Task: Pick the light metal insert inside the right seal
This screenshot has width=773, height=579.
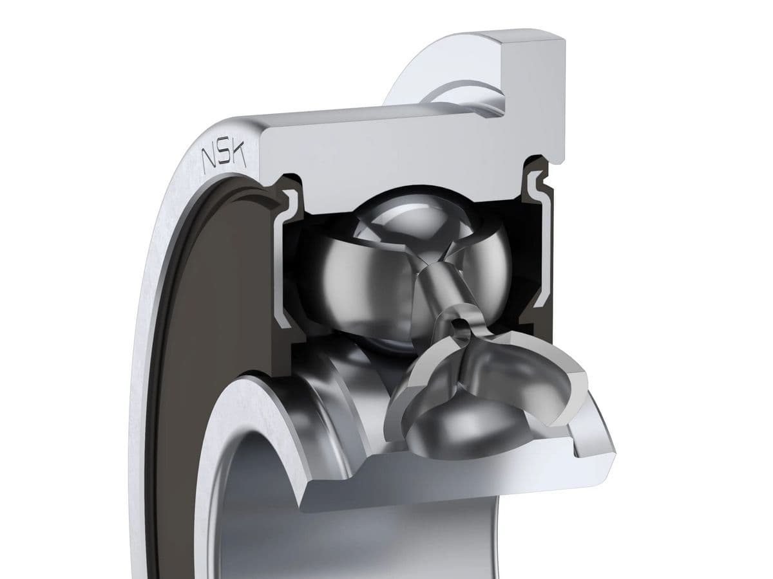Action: click(x=538, y=243)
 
